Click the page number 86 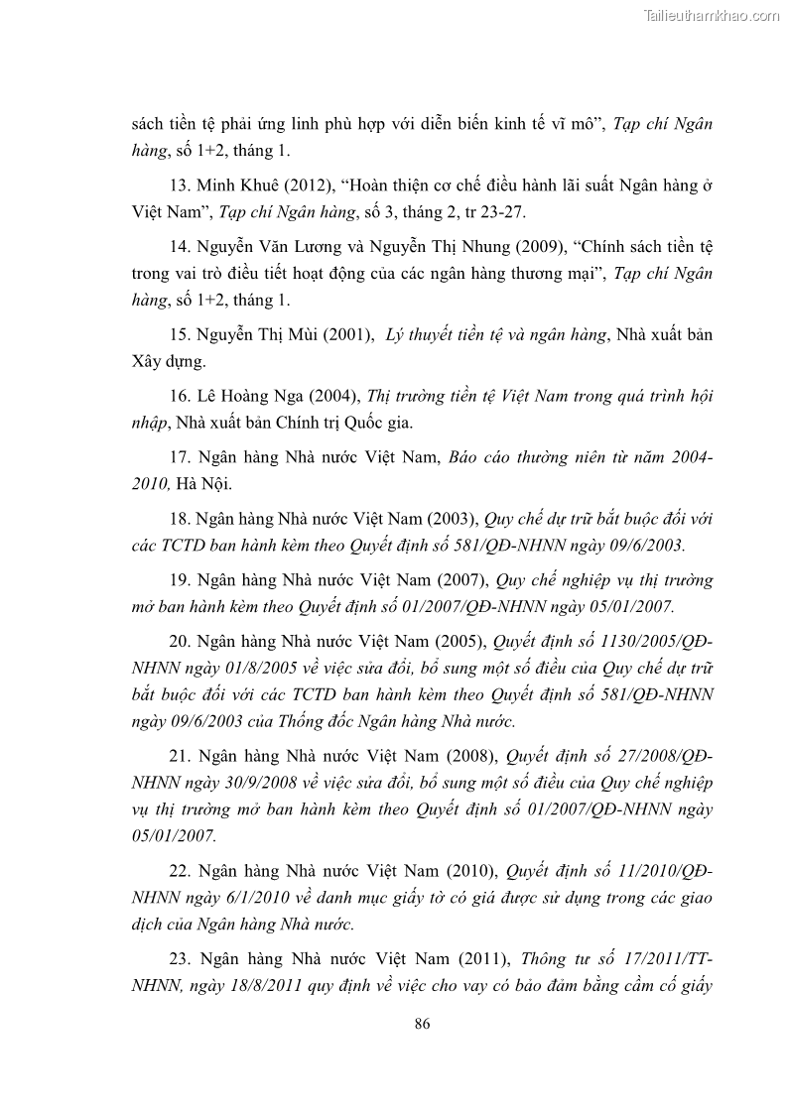click(422, 1024)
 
